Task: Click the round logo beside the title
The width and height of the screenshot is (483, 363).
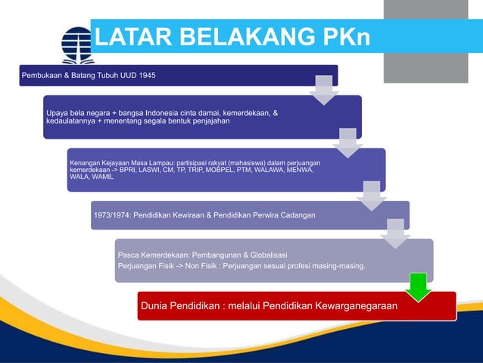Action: pyautogui.click(x=77, y=44)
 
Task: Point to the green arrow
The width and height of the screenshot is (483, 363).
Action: pyautogui.click(x=418, y=286)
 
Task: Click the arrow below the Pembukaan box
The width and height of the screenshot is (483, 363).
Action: pyautogui.click(x=323, y=89)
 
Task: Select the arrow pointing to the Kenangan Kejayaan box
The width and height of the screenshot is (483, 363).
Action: pyautogui.click(x=347, y=142)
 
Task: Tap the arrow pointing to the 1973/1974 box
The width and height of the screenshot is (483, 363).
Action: pyautogui.click(x=372, y=195)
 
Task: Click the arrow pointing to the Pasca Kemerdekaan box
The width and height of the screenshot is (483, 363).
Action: pyautogui.click(x=395, y=233)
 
